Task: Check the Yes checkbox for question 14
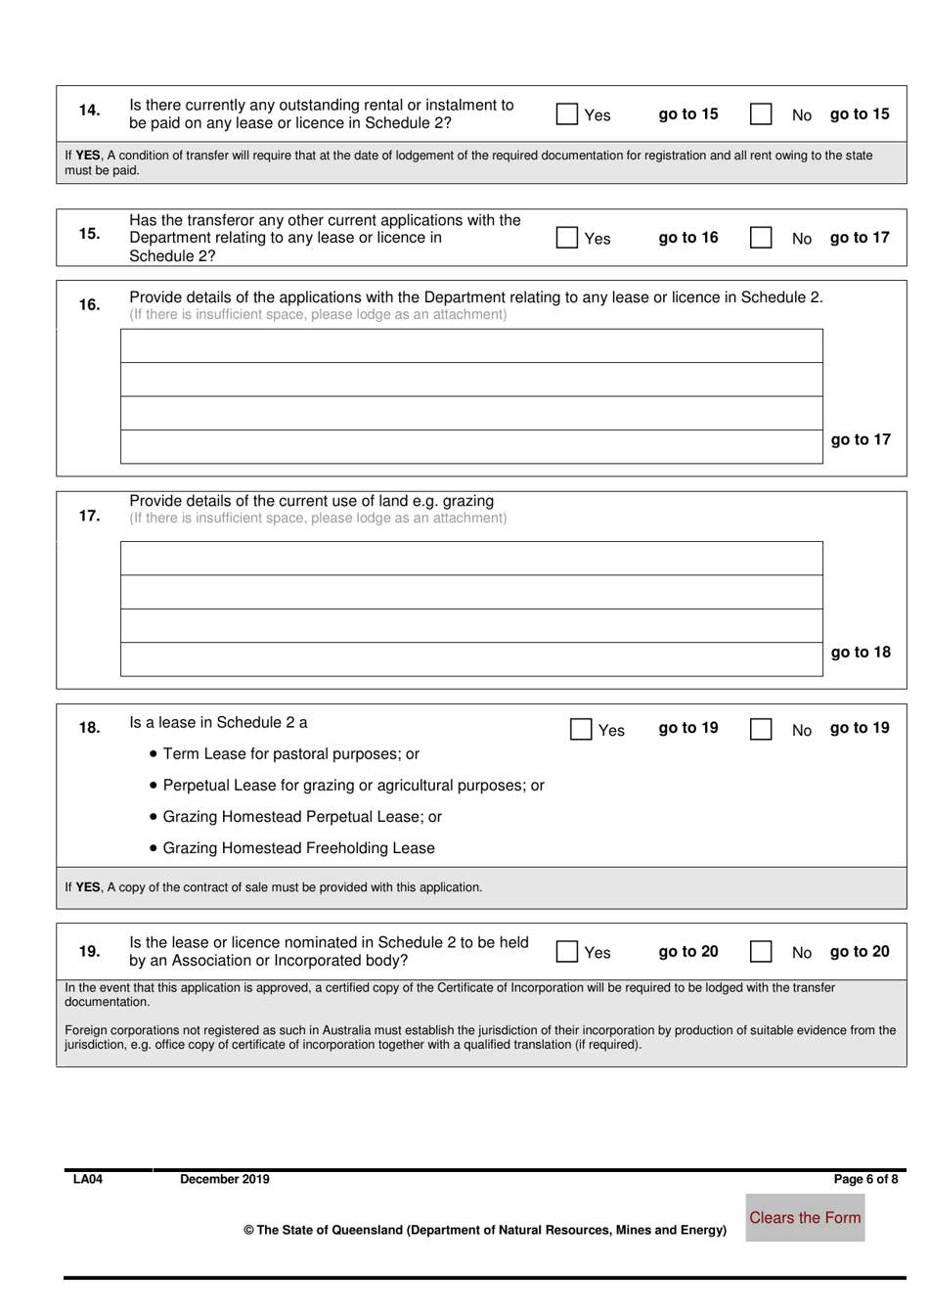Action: [566, 114]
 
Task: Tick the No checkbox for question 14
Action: [761, 114]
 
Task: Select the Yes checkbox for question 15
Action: [566, 238]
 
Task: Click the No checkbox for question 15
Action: [761, 238]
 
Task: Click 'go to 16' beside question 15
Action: [687, 238]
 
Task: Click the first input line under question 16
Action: [471, 346]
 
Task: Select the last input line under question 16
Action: [471, 447]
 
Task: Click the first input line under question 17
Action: [471, 559]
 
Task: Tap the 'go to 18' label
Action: [861, 653]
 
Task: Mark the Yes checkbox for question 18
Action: [581, 730]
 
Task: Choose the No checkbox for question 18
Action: [761, 730]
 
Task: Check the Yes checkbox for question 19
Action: [566, 952]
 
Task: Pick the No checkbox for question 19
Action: [761, 952]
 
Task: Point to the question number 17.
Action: [89, 516]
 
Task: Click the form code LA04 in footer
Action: [88, 1180]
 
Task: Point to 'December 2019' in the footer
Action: [224, 1180]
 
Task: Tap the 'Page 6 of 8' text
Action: [864, 1180]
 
